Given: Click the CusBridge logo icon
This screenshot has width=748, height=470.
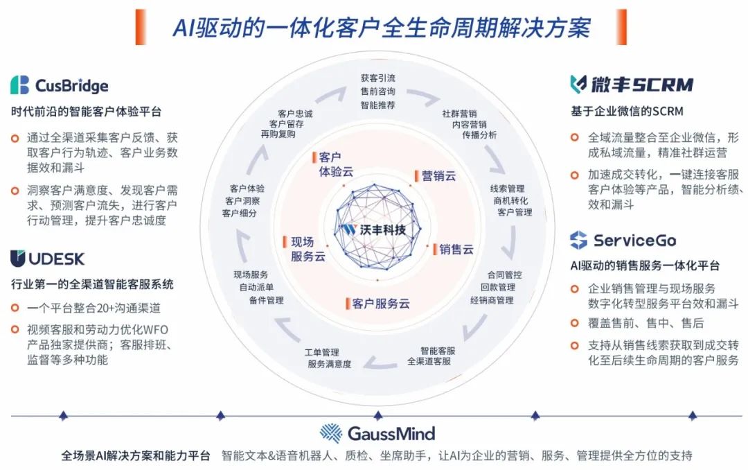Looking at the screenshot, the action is [x=19, y=85].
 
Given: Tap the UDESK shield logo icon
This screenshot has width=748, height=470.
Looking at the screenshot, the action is [x=17, y=259].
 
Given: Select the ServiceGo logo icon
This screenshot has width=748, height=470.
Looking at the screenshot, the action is [x=578, y=240].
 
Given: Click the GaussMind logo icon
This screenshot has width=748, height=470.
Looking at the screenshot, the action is [x=330, y=433].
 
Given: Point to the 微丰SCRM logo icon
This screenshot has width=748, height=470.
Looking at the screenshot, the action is [x=578, y=84].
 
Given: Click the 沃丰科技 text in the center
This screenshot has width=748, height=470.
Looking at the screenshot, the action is [x=382, y=230].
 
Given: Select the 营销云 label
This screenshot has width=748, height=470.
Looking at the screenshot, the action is [x=438, y=176].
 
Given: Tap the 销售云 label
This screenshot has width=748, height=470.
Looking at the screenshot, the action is [x=456, y=249].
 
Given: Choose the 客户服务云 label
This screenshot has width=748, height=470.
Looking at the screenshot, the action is [x=381, y=304].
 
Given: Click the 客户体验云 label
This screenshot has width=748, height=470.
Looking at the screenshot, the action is [x=336, y=164].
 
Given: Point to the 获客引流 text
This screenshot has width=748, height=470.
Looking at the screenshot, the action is [x=378, y=78].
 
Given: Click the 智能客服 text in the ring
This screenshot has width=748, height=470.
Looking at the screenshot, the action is [x=438, y=351].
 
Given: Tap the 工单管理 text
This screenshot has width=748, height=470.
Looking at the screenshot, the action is [x=321, y=352].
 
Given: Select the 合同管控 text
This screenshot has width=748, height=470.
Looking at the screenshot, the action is [x=504, y=275].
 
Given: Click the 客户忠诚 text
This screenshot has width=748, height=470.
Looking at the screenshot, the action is [x=295, y=114].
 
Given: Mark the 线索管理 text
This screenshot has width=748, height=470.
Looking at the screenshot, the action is [x=508, y=189].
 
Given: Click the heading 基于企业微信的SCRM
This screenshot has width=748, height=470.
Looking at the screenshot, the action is [x=627, y=112].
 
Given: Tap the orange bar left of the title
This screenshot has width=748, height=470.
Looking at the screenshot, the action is [x=140, y=27].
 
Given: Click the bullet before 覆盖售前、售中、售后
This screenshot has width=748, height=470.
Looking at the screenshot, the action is [x=575, y=323].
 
